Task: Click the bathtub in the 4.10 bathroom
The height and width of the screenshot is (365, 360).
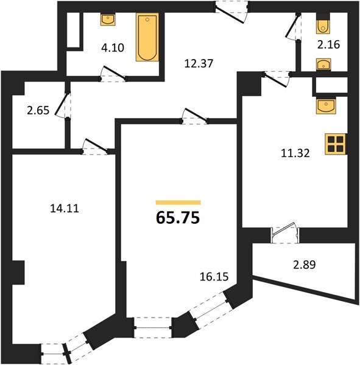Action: [147, 37]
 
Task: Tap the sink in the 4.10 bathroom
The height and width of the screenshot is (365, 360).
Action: [108, 19]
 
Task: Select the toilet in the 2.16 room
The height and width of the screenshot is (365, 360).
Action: [323, 23]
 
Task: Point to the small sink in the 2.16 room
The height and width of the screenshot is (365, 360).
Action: [323, 64]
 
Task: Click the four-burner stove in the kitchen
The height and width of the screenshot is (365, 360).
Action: [336, 144]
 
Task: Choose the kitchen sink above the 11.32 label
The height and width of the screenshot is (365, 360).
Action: [326, 106]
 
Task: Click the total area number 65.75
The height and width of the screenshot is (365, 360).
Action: [178, 218]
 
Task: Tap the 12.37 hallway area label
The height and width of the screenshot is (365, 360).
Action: [199, 63]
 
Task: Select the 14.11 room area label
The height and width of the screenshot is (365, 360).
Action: [65, 208]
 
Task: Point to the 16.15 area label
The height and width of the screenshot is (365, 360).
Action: [214, 277]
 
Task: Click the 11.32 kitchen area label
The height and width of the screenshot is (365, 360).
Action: [295, 153]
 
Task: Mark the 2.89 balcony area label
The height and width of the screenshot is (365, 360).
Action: [305, 265]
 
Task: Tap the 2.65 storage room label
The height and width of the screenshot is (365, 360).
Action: [38, 110]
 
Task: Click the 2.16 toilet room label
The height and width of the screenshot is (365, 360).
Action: [328, 44]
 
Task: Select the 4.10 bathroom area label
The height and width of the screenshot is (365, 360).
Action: [113, 48]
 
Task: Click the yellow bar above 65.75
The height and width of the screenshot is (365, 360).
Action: [178, 203]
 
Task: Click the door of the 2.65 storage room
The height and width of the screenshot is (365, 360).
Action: [63, 104]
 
